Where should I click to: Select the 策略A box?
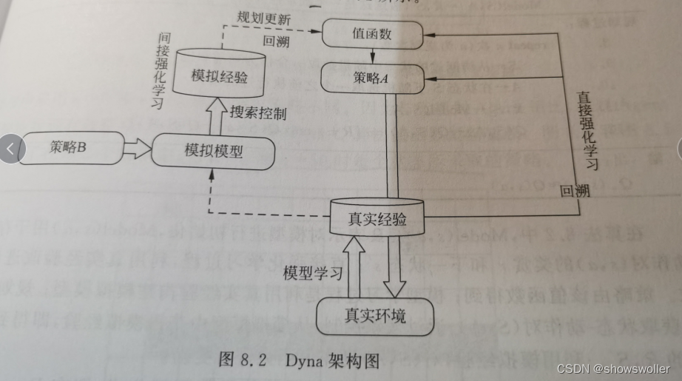click(x=371, y=75)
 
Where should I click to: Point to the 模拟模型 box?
click(x=213, y=152)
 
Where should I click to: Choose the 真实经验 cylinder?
click(x=377, y=219)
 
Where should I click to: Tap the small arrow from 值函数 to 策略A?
click(x=371, y=55)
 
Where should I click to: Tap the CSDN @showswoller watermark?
click(x=612, y=368)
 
